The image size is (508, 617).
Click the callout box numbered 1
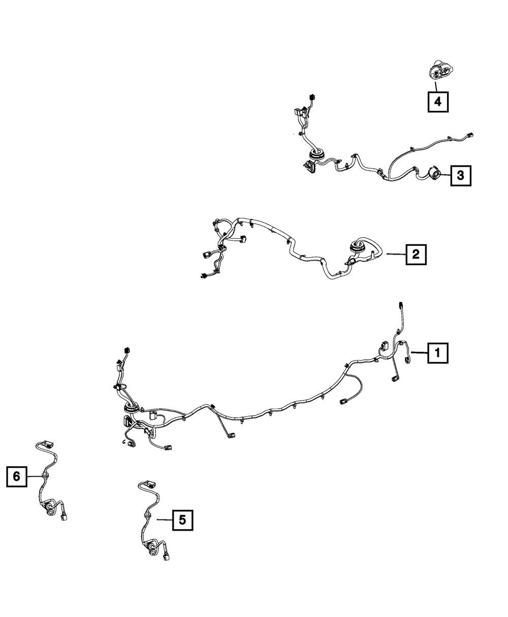pyautogui.click(x=438, y=353)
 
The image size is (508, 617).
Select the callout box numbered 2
pyautogui.click(x=416, y=254)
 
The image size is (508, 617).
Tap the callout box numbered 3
pyautogui.click(x=460, y=175)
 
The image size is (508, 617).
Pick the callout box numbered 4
pyautogui.click(x=438, y=102)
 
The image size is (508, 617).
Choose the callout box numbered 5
pyautogui.click(x=182, y=520)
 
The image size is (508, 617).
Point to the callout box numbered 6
pyautogui.click(x=17, y=476)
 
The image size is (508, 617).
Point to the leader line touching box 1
pyautogui.click(x=420, y=352)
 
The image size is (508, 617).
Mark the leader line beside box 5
pyautogui.click(x=165, y=520)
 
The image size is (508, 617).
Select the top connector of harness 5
pyautogui.click(x=150, y=492)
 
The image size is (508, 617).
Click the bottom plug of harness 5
pyautogui.click(x=167, y=558)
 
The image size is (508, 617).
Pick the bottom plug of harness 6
pyautogui.click(x=64, y=517)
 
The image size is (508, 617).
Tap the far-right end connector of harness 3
pyautogui.click(x=469, y=135)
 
